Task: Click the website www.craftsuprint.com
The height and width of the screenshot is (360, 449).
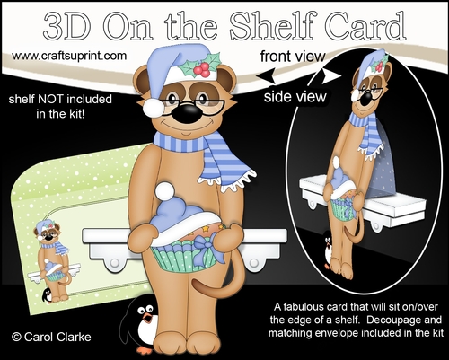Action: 69,56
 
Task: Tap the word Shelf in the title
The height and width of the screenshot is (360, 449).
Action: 271,26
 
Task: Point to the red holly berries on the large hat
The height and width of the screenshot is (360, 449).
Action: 201,69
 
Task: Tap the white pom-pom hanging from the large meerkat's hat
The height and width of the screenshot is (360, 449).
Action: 154,108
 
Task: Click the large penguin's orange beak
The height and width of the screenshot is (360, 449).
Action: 147,319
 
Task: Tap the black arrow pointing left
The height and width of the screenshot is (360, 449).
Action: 266,75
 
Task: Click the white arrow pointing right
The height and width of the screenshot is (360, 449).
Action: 331,76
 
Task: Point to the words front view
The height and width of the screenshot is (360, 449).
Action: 293,57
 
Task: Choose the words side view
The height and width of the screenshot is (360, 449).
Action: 295,96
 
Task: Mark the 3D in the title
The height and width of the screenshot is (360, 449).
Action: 66,26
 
